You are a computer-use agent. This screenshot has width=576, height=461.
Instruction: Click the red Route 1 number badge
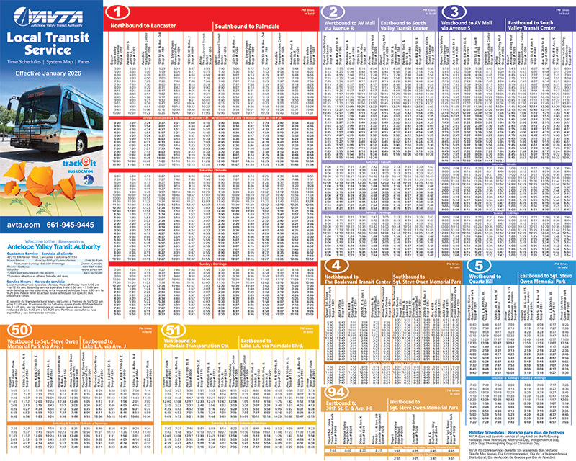118,12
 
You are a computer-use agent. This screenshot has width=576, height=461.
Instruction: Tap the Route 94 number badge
335,390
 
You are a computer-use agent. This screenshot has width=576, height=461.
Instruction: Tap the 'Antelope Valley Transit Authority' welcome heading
50,248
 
